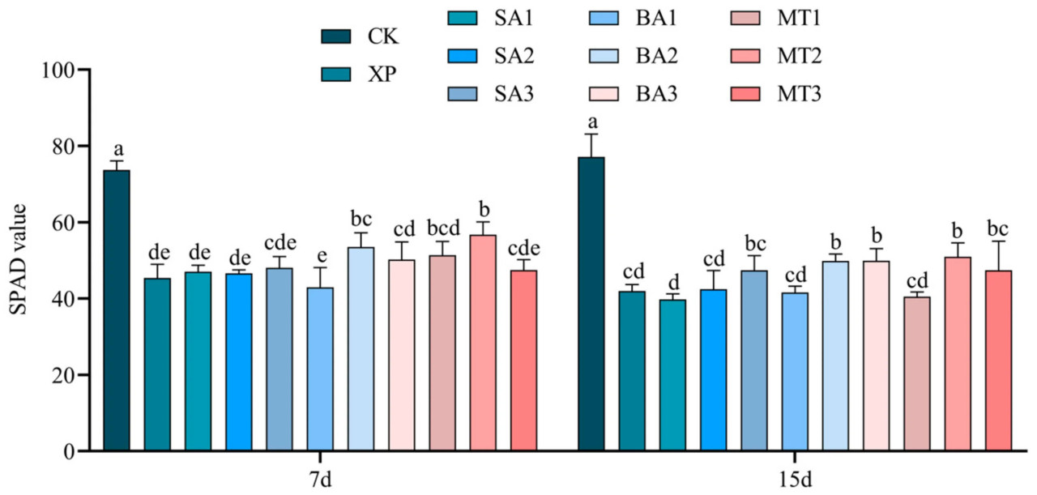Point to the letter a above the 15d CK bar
(x=592, y=122)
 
